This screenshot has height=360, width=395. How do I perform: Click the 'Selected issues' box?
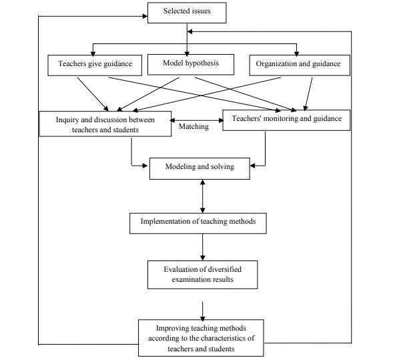(187, 13)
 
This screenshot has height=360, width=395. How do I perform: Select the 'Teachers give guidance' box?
(95, 65)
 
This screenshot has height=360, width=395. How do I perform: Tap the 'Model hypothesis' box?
(191, 65)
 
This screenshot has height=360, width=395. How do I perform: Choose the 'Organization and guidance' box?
(300, 65)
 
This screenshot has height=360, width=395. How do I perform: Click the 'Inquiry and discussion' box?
(105, 124)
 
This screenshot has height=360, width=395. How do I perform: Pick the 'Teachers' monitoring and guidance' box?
(286, 120)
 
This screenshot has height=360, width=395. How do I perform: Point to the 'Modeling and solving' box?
(200, 169)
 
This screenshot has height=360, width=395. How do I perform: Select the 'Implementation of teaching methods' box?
(198, 223)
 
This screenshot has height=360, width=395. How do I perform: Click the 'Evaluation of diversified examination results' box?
(203, 275)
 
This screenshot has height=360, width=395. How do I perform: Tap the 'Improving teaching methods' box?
(201, 338)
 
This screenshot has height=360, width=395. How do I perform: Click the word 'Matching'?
(193, 126)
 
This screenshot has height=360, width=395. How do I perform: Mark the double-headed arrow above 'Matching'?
(197, 120)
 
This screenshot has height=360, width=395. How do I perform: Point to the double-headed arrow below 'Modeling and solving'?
(203, 196)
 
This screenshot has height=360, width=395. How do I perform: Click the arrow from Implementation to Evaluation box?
(203, 247)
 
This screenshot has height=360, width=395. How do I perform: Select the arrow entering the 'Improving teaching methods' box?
(203, 311)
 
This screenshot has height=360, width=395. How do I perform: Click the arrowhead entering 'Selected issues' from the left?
(145, 16)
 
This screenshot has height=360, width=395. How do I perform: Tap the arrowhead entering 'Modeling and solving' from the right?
(253, 166)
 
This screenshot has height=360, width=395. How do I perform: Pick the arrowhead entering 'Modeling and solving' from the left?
(145, 166)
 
